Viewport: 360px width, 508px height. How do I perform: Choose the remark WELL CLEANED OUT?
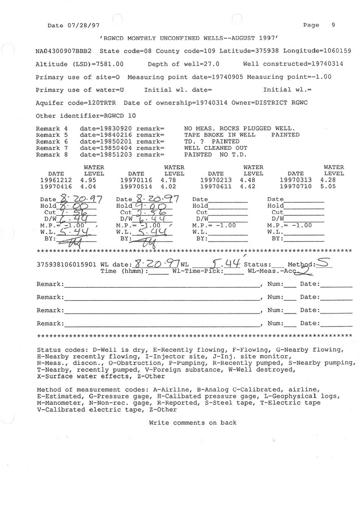click(216, 148)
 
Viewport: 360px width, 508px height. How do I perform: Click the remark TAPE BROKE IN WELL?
click(219, 134)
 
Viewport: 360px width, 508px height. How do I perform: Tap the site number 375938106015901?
click(67, 265)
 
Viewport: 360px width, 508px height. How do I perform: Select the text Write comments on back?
click(193, 423)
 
